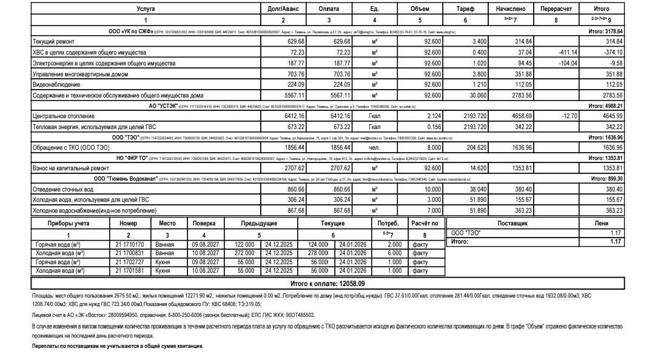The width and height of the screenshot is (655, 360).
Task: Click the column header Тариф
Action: click(465, 9)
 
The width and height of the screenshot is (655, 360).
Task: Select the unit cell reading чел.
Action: click(374, 147)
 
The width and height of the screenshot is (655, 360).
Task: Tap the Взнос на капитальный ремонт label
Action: click(70, 168)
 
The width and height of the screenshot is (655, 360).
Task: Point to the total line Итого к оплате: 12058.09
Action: click(327, 283)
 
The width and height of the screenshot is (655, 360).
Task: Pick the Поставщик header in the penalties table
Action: click(512, 224)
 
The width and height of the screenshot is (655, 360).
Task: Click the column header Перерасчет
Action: click(555, 9)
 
